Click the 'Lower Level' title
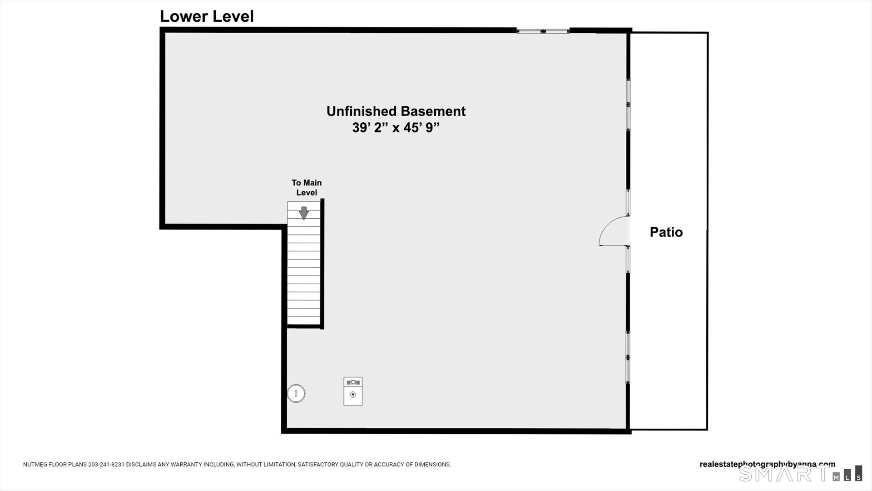207,16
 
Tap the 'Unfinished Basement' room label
396,111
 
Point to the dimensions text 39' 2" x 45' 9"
396,128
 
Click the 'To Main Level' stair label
307,187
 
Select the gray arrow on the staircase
304,213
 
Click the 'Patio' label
666,232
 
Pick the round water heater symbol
296,393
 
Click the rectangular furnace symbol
353,391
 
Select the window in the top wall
543,31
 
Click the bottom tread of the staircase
303,321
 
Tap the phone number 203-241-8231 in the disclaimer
106,465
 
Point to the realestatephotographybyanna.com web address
767,464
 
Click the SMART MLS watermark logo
800,474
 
